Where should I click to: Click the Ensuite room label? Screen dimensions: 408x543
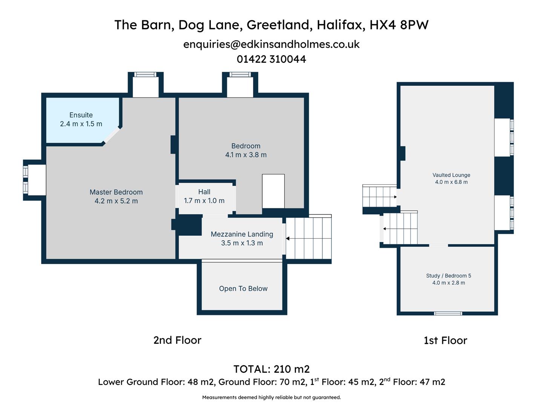81,115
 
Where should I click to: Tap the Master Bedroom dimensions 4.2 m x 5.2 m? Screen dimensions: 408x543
116,201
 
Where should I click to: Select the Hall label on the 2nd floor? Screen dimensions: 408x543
204,192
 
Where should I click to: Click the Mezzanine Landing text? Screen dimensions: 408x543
242,234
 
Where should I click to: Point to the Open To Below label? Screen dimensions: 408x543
243,289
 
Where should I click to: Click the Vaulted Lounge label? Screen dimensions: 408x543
451,175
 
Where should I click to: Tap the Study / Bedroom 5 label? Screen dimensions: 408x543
448,276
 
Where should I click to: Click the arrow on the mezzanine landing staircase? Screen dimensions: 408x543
288,238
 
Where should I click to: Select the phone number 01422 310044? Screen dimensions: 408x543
271,59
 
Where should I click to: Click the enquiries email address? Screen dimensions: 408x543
271,44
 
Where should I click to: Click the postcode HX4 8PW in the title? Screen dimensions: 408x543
399,25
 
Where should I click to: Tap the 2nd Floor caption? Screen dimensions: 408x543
177,340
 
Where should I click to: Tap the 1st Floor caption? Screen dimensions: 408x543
445,340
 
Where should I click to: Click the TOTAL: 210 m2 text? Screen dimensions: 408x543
271,369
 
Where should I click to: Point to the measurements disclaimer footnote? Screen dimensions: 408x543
271,397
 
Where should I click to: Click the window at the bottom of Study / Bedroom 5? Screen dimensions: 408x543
448,313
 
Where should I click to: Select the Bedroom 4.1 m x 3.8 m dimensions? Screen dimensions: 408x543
246,155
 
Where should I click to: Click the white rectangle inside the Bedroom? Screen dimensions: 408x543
273,191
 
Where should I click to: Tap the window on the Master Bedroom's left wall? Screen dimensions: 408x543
26,180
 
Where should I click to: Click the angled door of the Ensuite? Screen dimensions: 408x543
112,135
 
